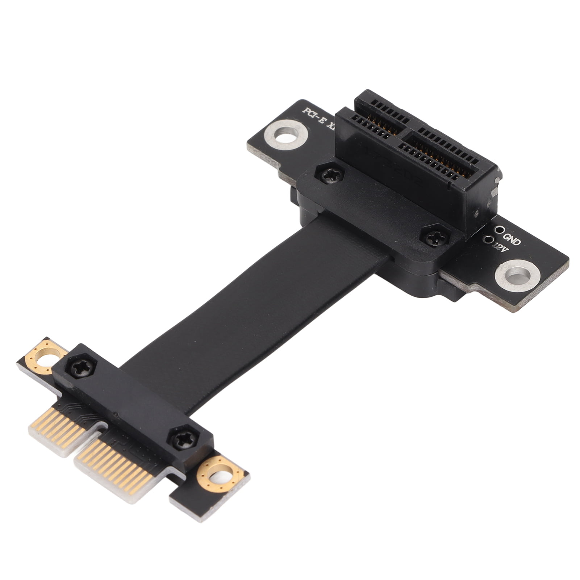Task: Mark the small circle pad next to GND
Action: point(501,229)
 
